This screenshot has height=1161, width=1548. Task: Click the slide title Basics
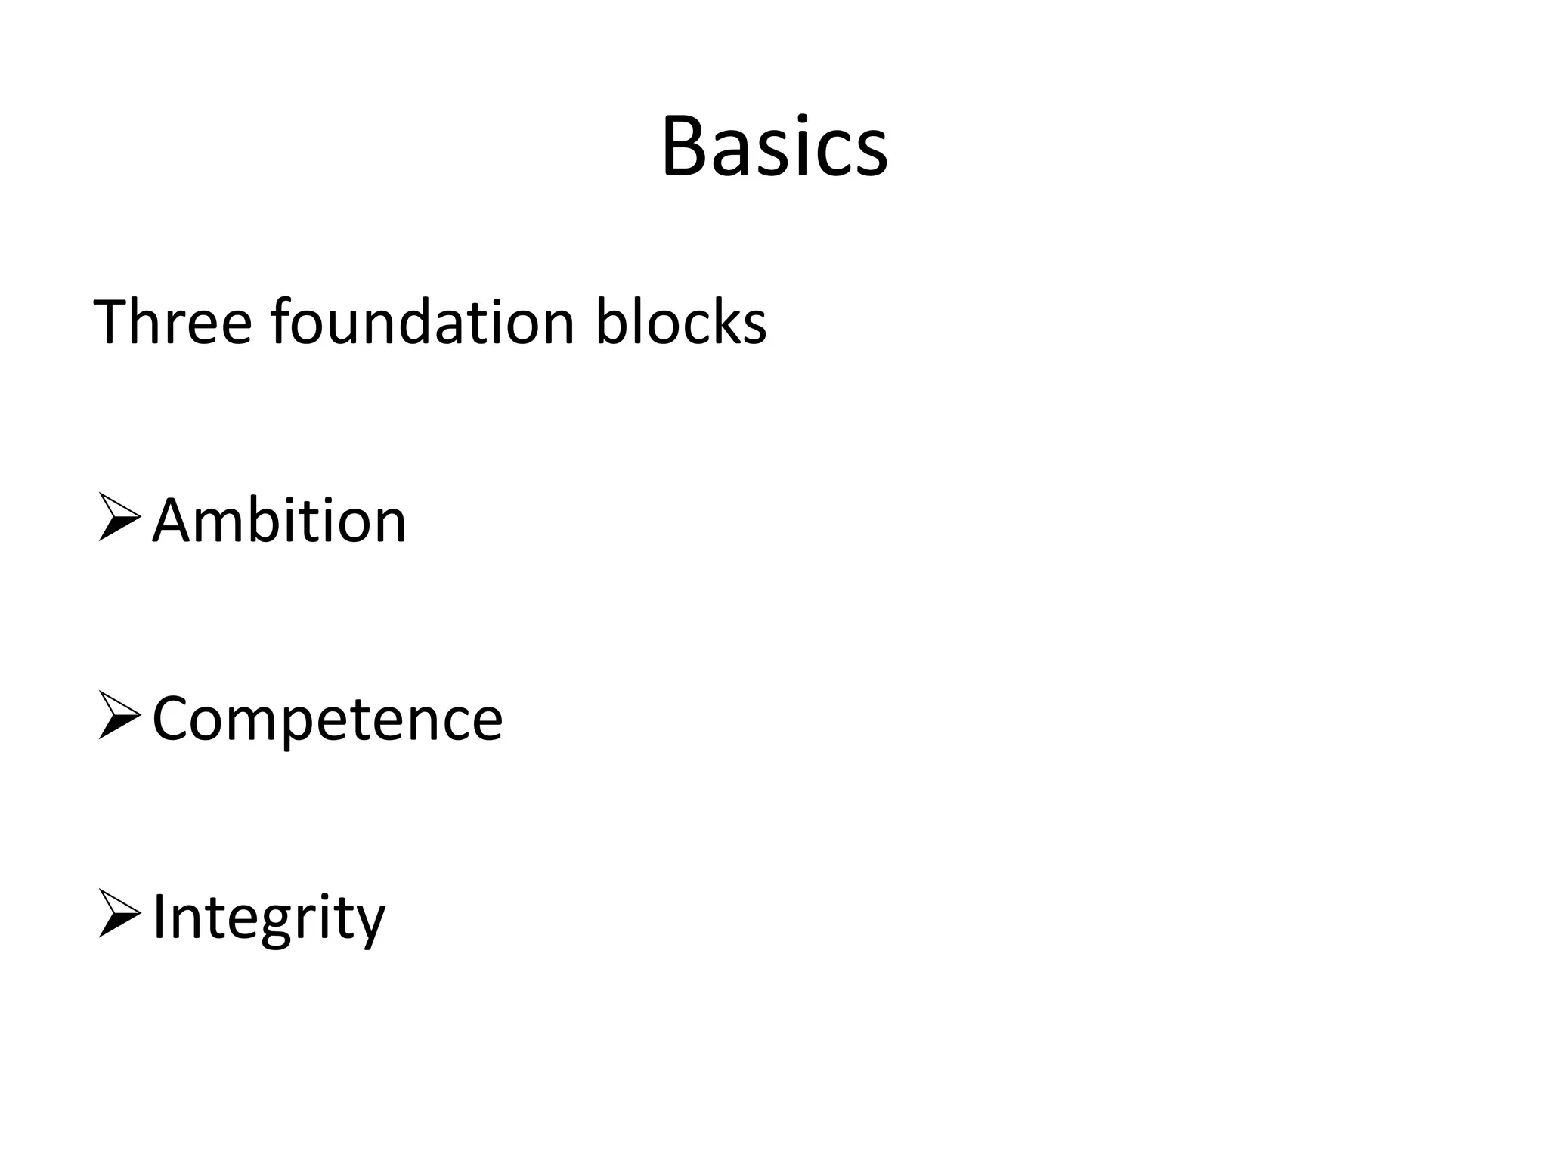tap(774, 147)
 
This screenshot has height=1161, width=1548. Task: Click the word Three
tap(172, 323)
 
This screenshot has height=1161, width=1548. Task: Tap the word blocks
tap(680, 323)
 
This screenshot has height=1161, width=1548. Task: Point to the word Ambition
tap(279, 521)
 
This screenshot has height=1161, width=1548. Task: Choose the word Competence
tap(327, 719)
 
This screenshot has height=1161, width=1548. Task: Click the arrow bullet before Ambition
tap(119, 519)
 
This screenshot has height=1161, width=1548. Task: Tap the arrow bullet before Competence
tap(119, 717)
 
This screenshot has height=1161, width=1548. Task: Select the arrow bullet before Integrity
tap(119, 915)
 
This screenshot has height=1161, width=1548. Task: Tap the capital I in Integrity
tap(159, 917)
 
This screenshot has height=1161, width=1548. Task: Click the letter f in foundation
tap(281, 321)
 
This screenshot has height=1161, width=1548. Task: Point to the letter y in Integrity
tap(370, 924)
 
